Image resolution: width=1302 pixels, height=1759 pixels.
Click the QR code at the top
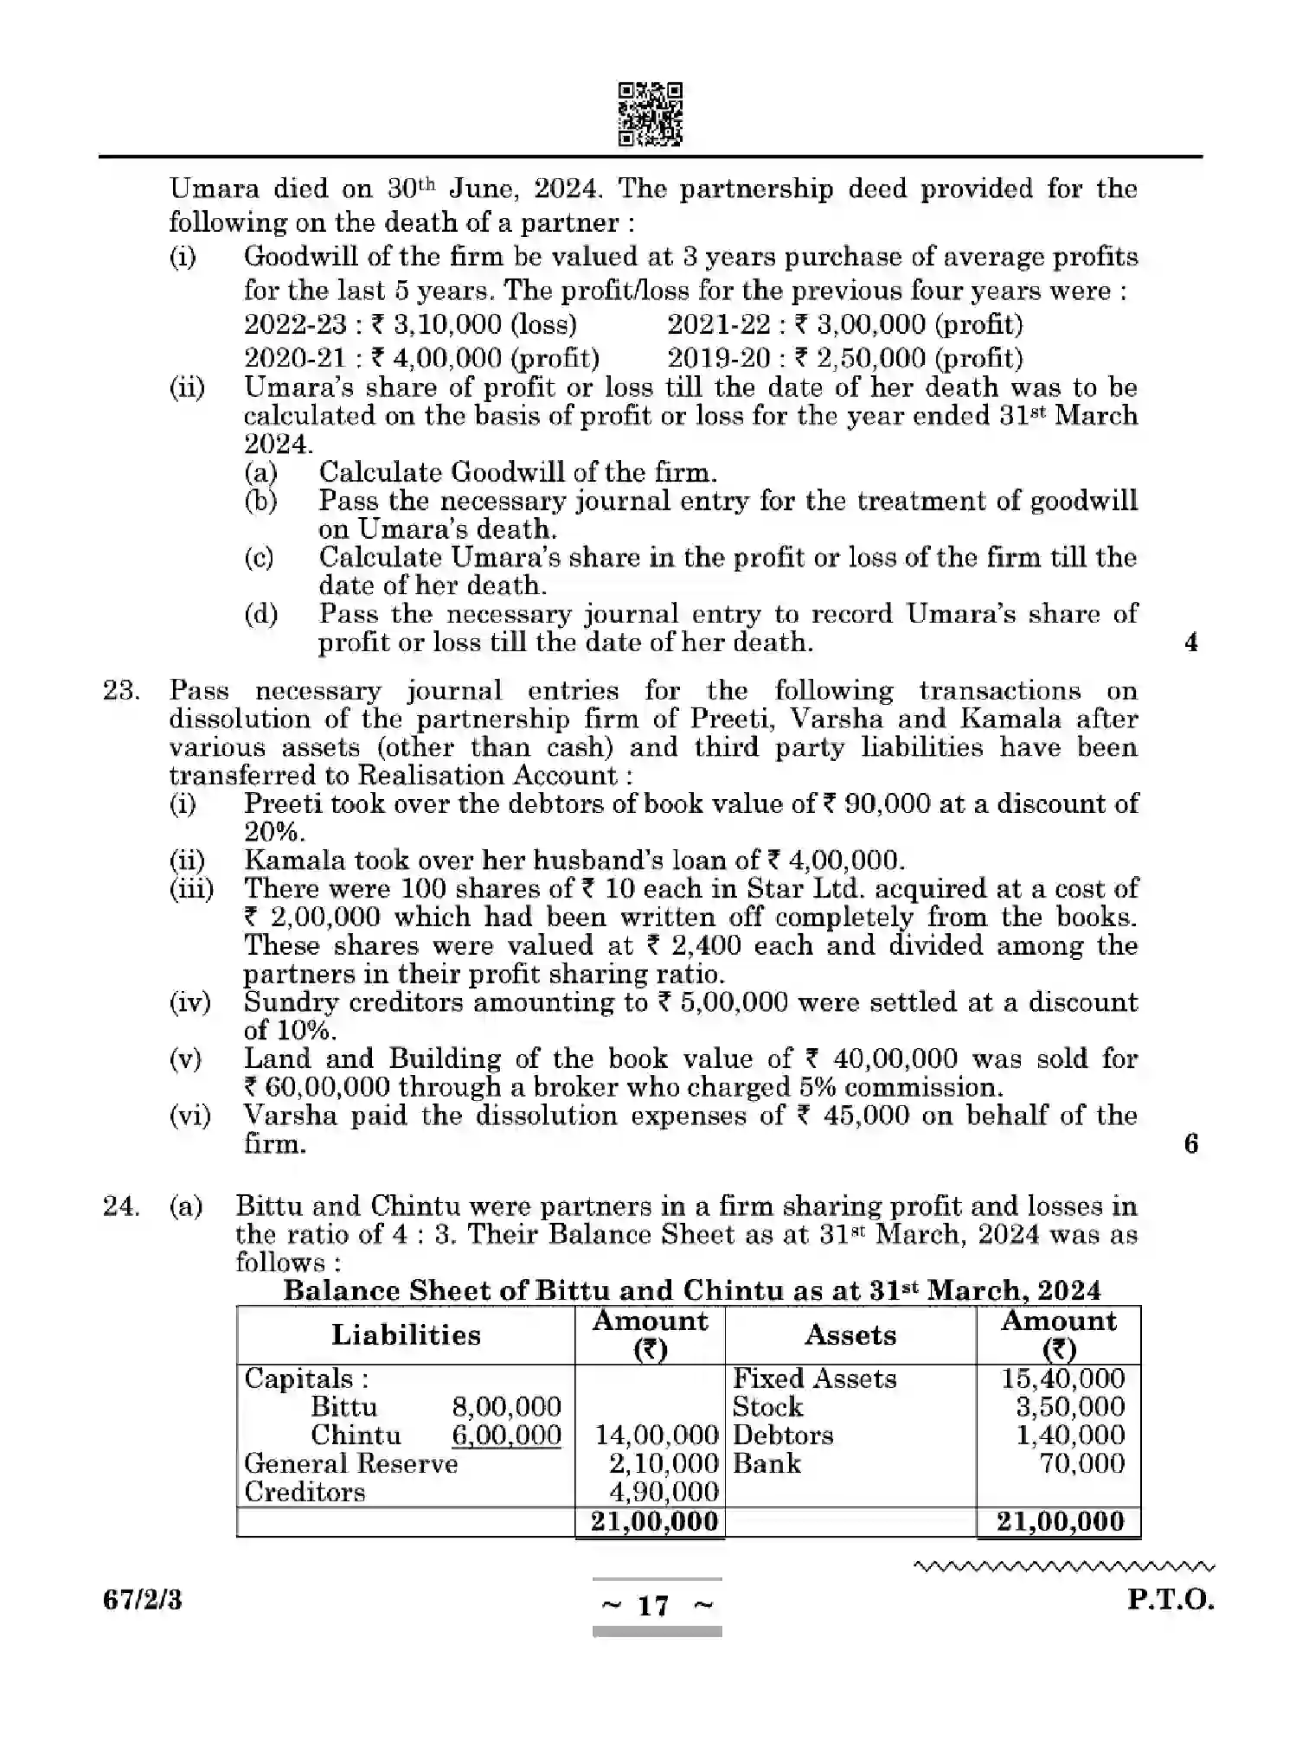click(x=651, y=114)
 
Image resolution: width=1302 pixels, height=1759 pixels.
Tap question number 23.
click(x=121, y=691)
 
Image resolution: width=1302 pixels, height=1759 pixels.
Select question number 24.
click(x=121, y=1206)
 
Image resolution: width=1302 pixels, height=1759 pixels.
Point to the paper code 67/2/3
click(x=143, y=1600)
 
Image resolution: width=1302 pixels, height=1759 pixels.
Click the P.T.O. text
click(x=1170, y=1600)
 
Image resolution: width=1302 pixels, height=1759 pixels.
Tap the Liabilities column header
click(x=406, y=1334)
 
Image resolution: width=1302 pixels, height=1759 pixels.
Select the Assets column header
click(x=850, y=1334)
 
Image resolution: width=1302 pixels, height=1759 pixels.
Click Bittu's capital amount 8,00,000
click(x=506, y=1407)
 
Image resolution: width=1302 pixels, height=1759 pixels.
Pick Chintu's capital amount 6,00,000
click(x=506, y=1436)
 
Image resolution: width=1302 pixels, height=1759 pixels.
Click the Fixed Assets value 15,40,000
click(x=1062, y=1378)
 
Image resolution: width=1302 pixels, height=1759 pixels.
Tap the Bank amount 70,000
click(x=1081, y=1463)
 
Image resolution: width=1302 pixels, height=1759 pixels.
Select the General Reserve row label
click(x=350, y=1463)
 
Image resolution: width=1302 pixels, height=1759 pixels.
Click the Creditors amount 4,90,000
click(x=664, y=1492)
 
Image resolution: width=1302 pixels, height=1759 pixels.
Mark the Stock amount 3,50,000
click(x=1069, y=1407)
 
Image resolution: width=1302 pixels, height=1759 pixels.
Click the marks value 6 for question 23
click(x=1191, y=1144)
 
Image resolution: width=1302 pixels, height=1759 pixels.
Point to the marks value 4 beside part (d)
click(x=1191, y=643)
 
